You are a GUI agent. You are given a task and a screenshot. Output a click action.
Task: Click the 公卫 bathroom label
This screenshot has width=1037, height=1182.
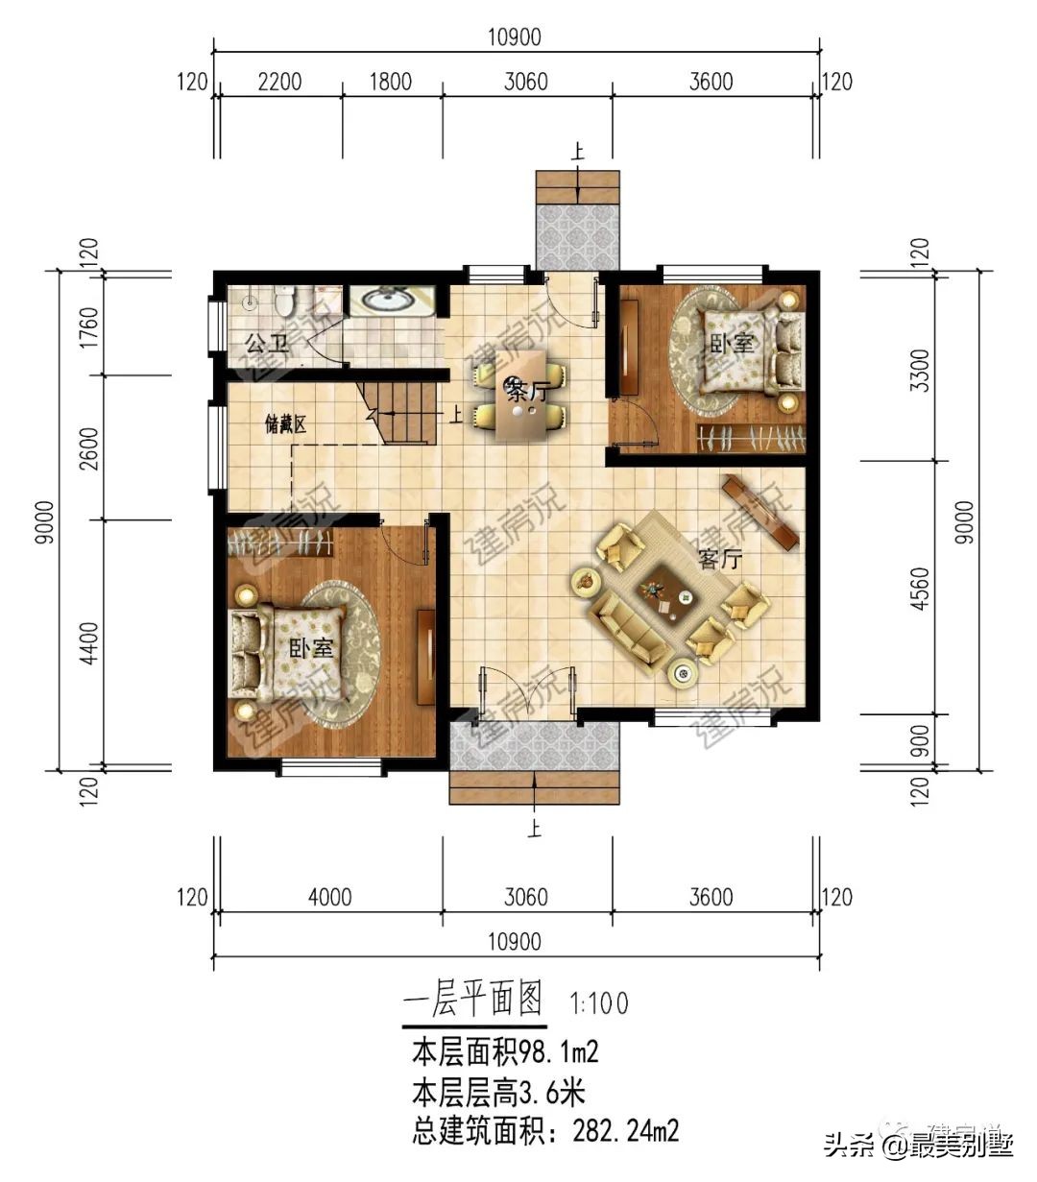pyautogui.click(x=267, y=344)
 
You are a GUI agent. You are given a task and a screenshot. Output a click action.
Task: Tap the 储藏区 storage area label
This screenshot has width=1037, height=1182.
pyautogui.click(x=285, y=424)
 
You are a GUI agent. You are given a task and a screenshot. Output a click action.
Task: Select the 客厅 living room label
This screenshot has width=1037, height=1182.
pyautogui.click(x=719, y=559)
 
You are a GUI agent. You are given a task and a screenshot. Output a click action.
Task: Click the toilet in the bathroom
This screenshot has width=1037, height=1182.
pyautogui.click(x=283, y=302)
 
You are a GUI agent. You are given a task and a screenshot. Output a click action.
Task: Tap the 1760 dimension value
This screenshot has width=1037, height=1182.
pyautogui.click(x=89, y=327)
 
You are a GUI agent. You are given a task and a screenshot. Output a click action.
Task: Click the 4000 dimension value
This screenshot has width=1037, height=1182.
pyautogui.click(x=329, y=898)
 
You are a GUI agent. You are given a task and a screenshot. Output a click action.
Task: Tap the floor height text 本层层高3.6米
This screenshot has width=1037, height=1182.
pyautogui.click(x=498, y=1093)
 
